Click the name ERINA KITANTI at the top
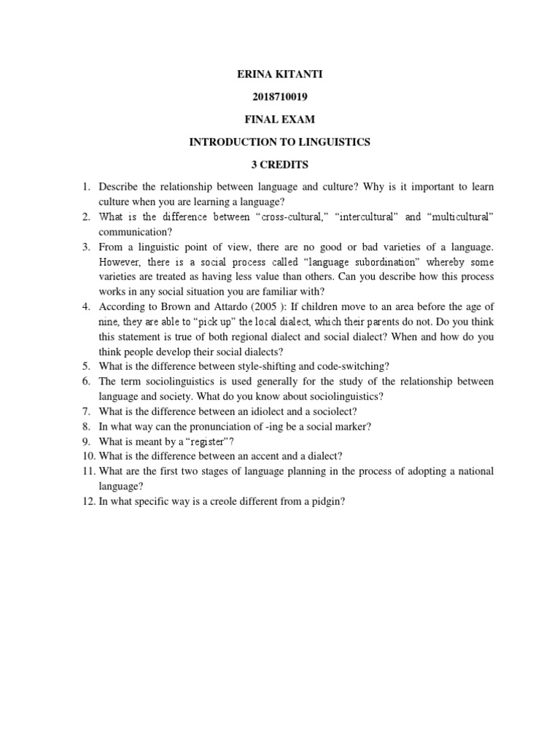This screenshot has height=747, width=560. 280,74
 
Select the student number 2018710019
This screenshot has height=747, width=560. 280,97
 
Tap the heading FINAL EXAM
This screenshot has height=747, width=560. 280,120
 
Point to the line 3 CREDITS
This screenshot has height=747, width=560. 280,165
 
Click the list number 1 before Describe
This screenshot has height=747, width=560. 85,187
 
